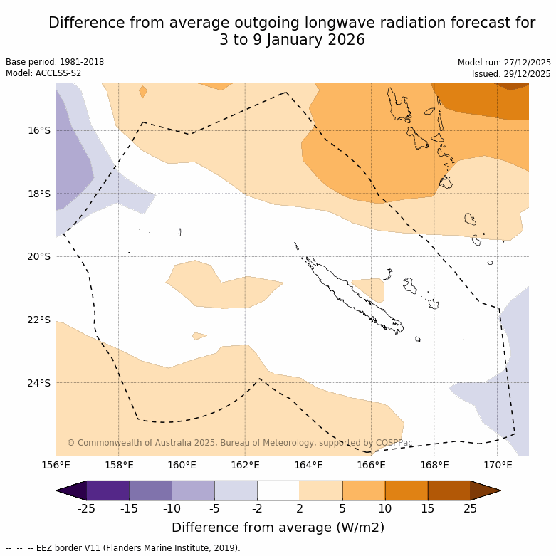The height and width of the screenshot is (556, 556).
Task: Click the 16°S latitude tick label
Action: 39,130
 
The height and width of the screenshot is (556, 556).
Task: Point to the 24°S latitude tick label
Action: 39,383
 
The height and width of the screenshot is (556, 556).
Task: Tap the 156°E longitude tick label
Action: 56,466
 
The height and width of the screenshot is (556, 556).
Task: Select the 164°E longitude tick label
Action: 308,466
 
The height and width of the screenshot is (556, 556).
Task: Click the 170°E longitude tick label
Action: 498,466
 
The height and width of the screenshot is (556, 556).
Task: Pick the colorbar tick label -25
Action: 86,508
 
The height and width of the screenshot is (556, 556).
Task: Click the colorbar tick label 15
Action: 428,508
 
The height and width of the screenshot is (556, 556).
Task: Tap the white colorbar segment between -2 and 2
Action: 278,491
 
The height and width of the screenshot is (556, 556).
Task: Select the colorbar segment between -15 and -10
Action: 150,491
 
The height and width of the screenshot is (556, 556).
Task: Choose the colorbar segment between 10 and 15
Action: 406,491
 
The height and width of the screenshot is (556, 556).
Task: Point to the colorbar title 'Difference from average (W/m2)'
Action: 278,528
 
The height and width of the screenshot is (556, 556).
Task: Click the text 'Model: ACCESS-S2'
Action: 43,73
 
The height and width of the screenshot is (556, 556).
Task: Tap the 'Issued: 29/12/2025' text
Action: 511,74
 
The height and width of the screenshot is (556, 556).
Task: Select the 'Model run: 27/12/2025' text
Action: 504,63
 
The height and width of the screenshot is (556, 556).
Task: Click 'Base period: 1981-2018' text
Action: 55,62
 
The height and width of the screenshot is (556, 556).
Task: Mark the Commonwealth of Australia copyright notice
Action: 240,443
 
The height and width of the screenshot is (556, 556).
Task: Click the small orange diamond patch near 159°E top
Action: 143,92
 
